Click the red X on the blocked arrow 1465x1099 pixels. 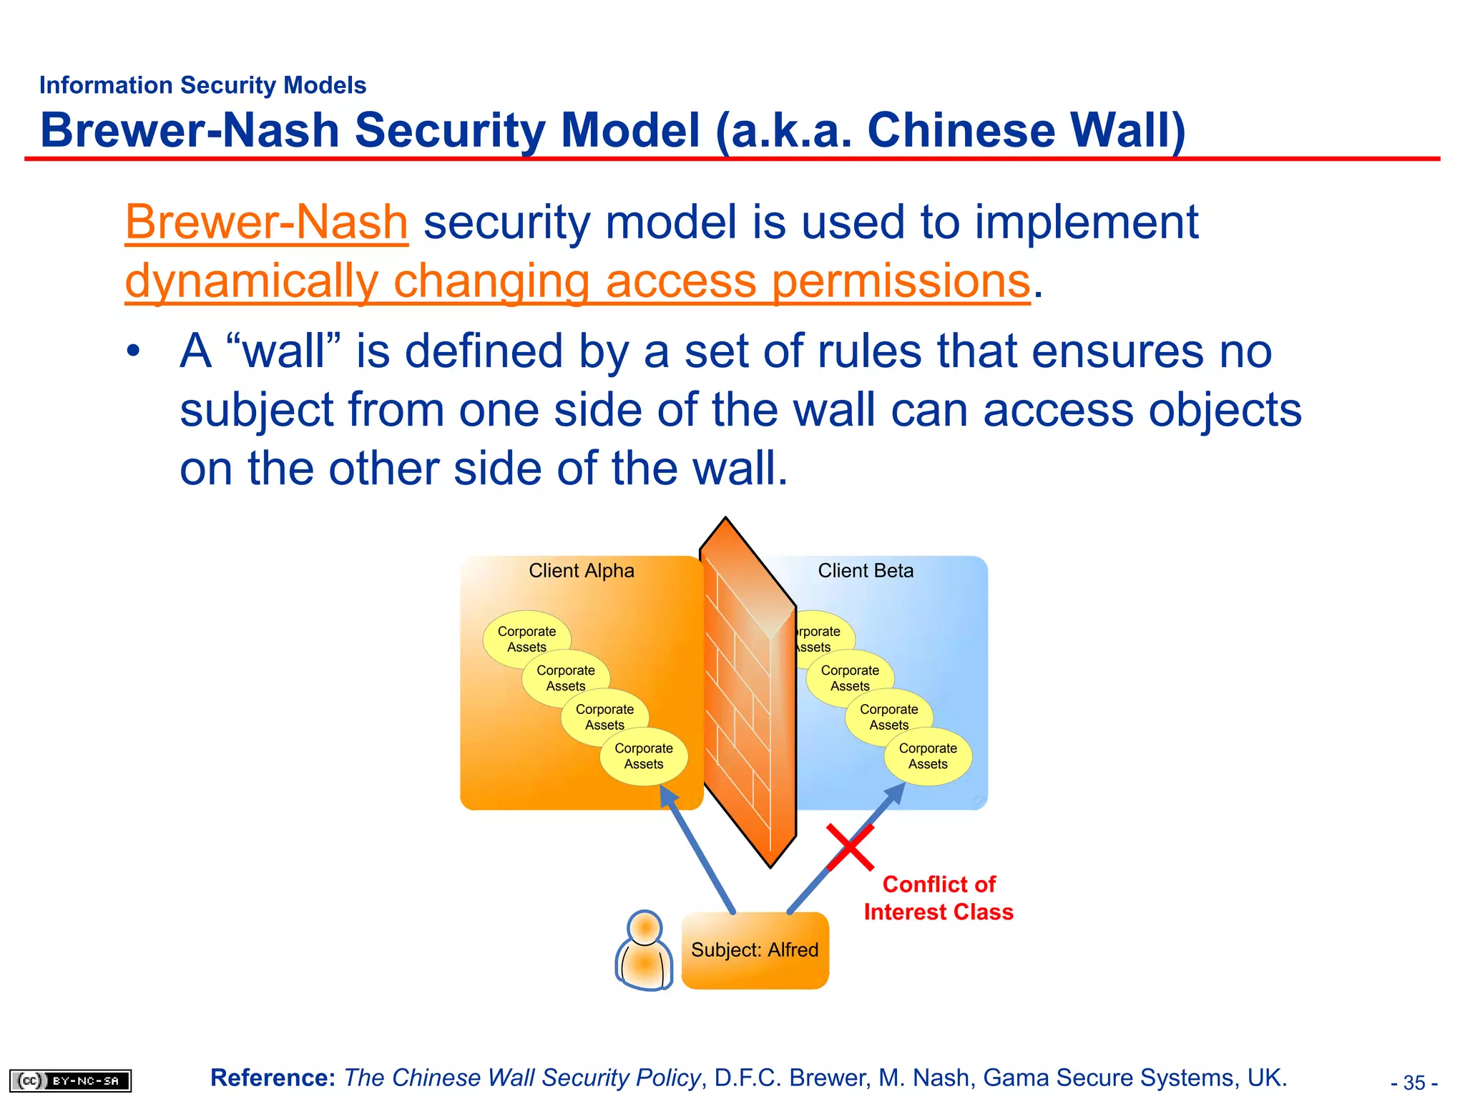coord(850,847)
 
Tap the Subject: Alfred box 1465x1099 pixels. coord(755,950)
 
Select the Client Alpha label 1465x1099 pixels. coord(581,571)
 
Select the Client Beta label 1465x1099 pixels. coord(866,571)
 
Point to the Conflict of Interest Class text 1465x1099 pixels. coord(939,898)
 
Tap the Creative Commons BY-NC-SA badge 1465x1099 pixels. coord(71,1080)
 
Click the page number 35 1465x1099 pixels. coord(1413,1083)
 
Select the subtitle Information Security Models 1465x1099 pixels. coord(202,85)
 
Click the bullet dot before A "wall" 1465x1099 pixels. coord(133,352)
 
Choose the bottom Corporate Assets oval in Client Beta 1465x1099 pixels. coord(928,756)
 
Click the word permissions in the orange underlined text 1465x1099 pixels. coord(901,280)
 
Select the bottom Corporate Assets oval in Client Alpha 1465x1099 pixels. coord(644,756)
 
